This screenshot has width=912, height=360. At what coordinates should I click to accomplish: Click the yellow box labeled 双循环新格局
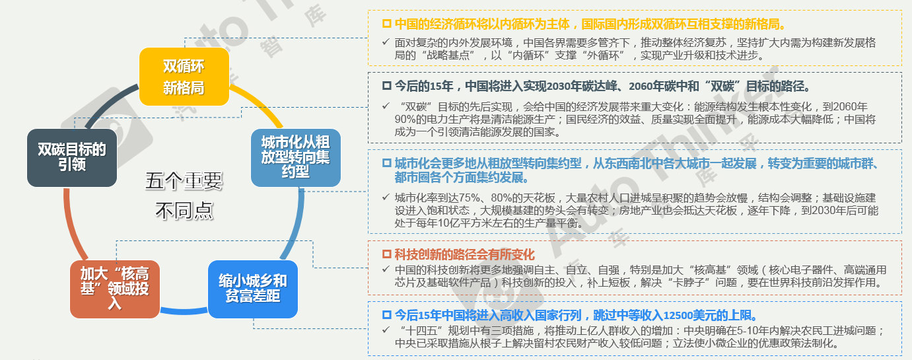click(x=184, y=77)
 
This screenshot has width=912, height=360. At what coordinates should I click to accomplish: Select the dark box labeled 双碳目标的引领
click(x=72, y=158)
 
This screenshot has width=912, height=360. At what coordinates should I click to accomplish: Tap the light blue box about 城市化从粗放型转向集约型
click(x=296, y=158)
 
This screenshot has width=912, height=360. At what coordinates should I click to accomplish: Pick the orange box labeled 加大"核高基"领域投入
click(x=115, y=289)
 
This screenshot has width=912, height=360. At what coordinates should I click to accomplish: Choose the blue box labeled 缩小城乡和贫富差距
click(x=253, y=289)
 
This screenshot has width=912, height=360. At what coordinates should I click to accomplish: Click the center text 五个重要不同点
click(x=184, y=196)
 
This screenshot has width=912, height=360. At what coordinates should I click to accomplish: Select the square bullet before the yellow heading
click(x=387, y=24)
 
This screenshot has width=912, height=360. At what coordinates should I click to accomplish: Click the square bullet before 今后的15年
click(x=387, y=86)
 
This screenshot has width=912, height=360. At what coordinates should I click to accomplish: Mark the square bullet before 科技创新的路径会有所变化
click(x=387, y=254)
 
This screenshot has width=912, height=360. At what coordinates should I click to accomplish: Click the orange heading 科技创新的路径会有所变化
click(x=464, y=254)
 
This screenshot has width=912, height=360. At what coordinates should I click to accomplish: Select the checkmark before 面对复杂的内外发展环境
click(x=386, y=42)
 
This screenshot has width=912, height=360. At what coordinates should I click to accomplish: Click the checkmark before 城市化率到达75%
click(x=386, y=197)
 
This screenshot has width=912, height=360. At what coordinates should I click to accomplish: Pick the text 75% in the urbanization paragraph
click(x=470, y=198)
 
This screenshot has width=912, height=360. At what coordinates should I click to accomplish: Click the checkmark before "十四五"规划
click(x=386, y=330)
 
